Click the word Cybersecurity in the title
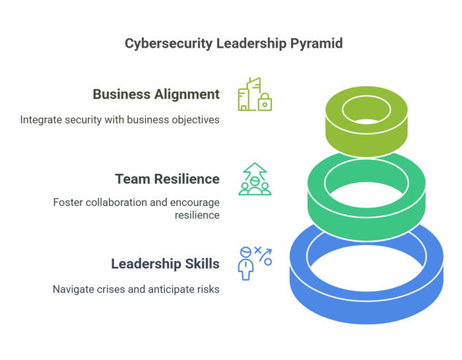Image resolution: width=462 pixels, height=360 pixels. [168, 44]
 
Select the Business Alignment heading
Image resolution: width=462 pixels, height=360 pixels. [156, 94]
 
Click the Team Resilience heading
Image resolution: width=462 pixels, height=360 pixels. [168, 179]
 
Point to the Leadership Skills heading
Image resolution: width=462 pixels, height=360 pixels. [165, 264]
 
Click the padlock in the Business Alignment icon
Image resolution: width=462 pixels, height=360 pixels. [265, 102]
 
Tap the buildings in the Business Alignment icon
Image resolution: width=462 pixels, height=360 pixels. [249, 94]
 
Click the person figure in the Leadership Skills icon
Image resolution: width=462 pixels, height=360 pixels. [246, 264]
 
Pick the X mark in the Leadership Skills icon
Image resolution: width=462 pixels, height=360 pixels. [257, 250]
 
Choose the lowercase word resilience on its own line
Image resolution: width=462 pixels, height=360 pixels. [197, 215]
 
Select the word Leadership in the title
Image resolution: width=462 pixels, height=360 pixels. [251, 44]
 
